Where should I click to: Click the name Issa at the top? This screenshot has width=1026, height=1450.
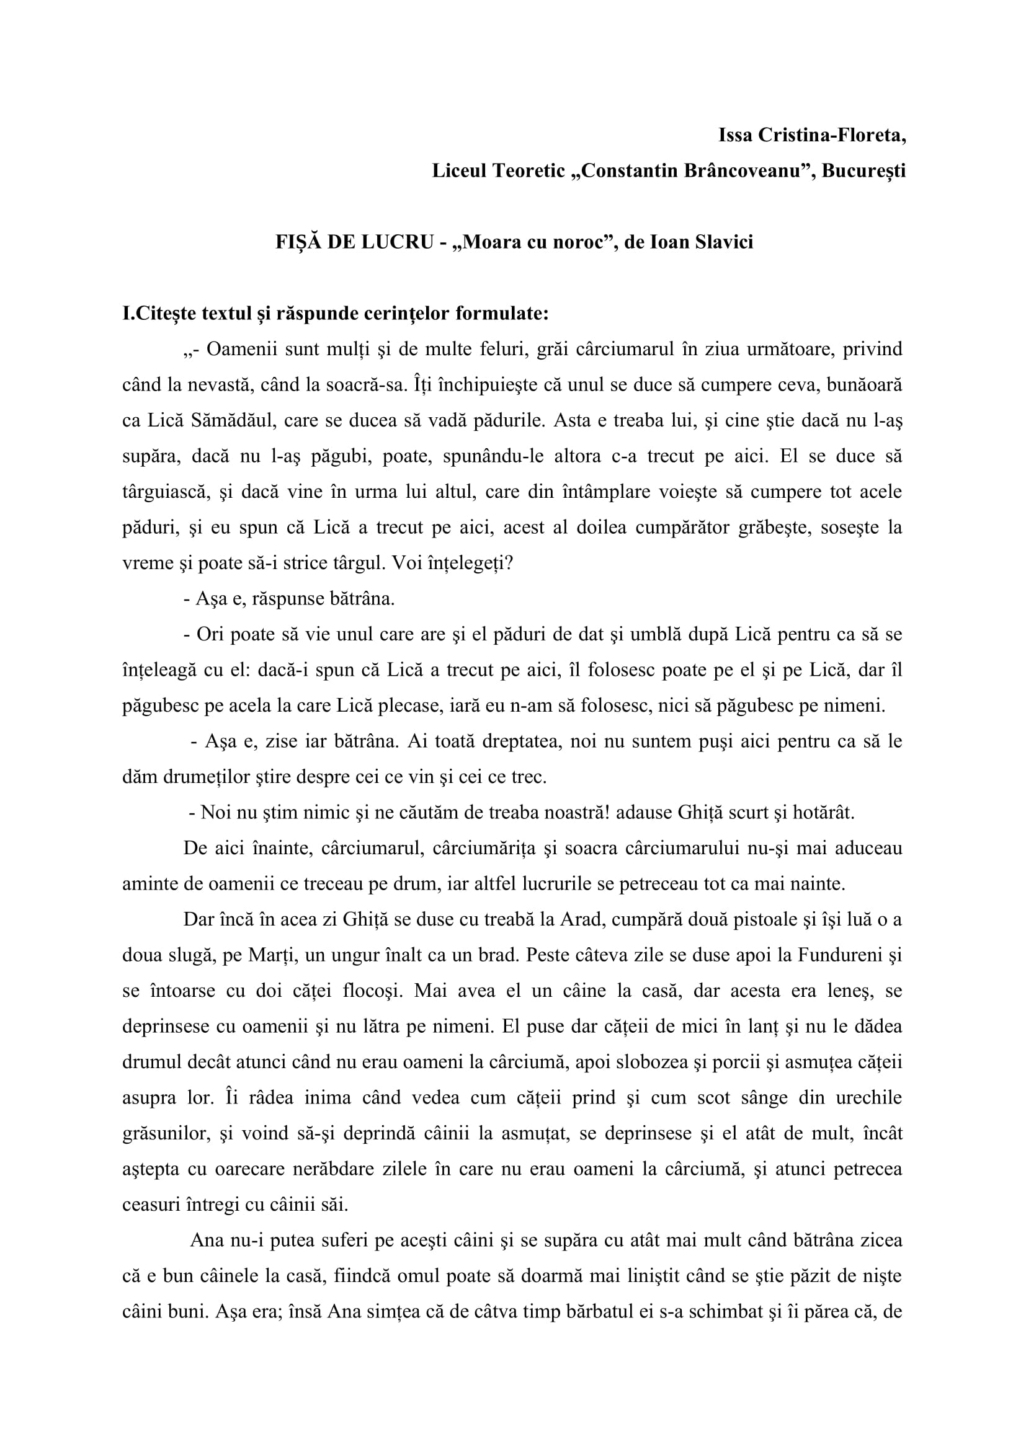[x=734, y=135]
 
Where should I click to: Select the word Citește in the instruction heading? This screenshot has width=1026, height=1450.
[x=166, y=314]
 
